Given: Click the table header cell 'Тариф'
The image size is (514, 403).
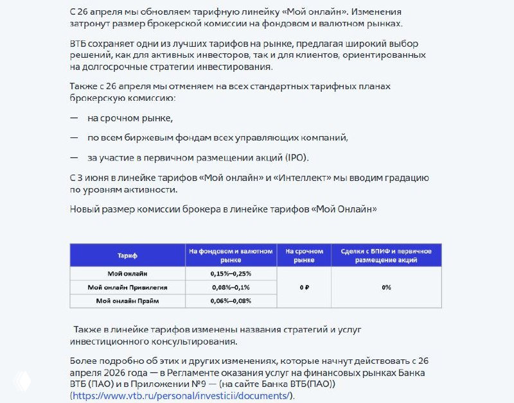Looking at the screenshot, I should point(127,255).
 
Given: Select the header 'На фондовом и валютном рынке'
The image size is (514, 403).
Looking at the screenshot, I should point(231,255).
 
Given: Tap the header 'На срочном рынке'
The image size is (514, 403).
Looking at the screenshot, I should point(304,255).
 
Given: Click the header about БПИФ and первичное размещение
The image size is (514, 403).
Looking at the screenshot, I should point(385,255).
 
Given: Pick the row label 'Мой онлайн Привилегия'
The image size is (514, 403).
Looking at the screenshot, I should point(127,287).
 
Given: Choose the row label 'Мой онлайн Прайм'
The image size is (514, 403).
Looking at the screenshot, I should point(127,300).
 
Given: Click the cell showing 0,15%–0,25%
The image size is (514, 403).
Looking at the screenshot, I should point(231,273).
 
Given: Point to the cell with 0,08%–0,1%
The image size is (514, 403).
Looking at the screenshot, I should point(231,287).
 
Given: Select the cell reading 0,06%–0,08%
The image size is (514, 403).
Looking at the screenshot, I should point(231,300).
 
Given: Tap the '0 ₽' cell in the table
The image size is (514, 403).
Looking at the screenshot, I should point(304,287).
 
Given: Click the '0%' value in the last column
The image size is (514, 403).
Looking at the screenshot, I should point(386,287).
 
